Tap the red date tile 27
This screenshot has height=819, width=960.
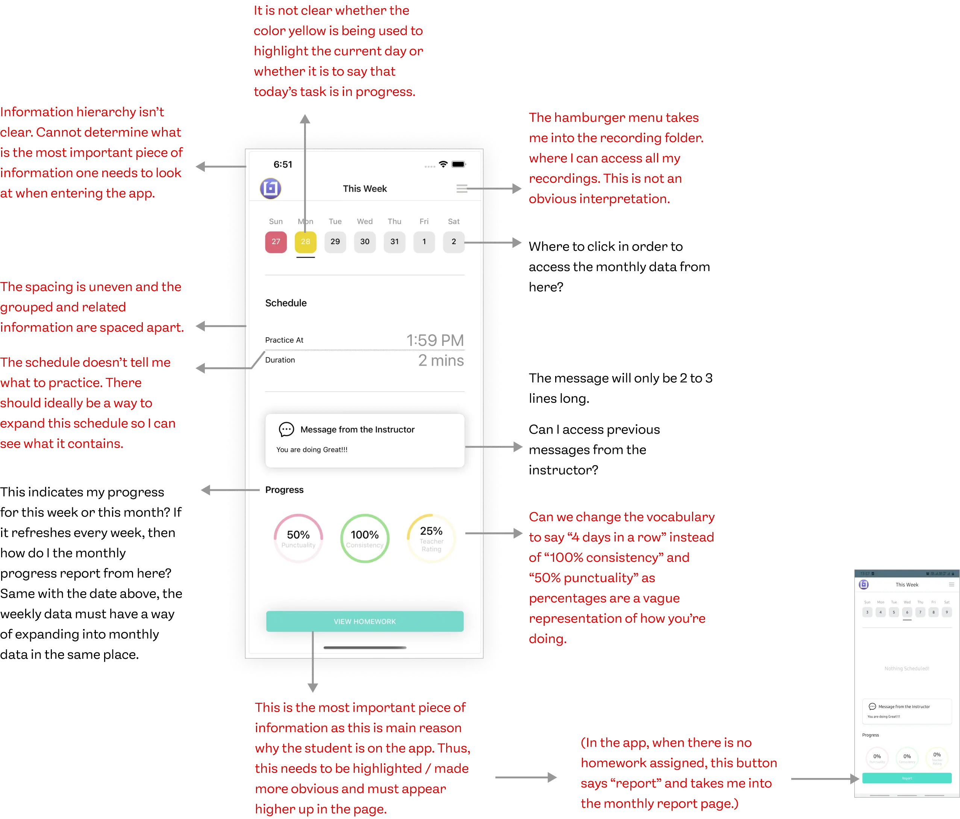coord(276,242)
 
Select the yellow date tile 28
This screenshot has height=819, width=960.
coord(305,242)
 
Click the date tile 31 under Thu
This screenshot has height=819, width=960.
coord(394,242)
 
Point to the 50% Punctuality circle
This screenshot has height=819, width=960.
coord(298,538)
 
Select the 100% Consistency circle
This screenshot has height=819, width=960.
coord(365,538)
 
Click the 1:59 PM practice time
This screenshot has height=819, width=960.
coord(435,340)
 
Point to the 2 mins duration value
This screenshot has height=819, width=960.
coord(441,361)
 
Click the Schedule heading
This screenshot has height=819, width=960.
coord(286,303)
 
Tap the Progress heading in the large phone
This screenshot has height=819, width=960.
coord(285,490)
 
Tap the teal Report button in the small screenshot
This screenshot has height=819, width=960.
coord(907,778)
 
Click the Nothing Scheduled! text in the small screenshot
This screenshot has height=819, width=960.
coord(907,668)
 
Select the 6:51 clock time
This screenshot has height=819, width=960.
coord(283,165)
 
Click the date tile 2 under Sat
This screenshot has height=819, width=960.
coord(454,242)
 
